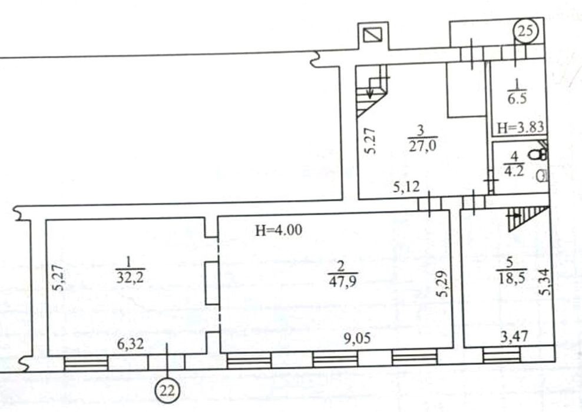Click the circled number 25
pos(525,31)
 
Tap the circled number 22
pos(167,391)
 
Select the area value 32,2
pos(130,277)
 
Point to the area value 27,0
pos(422,146)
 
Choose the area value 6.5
pos(517,99)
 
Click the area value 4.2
pos(514,171)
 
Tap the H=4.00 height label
pos(279,230)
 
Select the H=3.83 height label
pos(520,128)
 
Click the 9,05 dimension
pos(357,338)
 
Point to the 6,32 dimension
pos(130,344)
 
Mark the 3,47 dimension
pos(514,337)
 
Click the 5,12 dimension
pos(406,187)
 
